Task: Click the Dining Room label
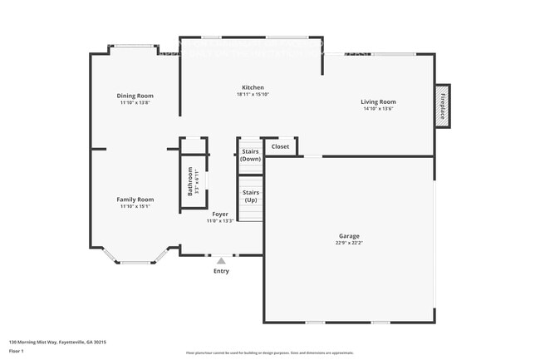(x=135, y=96)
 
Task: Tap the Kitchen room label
(x=253, y=87)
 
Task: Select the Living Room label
(x=377, y=101)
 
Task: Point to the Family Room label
(x=135, y=200)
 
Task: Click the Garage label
(x=350, y=236)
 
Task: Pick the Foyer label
(x=219, y=215)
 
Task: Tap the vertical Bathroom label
(x=190, y=181)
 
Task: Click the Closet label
(x=281, y=146)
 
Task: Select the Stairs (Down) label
(x=250, y=155)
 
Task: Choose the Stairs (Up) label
(x=250, y=196)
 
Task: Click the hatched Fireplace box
(x=443, y=106)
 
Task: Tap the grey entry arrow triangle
(x=221, y=261)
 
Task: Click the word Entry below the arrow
(x=221, y=271)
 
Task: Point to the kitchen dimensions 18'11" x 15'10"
(x=253, y=94)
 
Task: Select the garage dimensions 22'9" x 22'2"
(x=350, y=243)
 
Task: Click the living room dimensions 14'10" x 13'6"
(x=377, y=108)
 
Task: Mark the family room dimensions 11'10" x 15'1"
(x=135, y=206)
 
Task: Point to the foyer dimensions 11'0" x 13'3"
(x=219, y=221)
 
